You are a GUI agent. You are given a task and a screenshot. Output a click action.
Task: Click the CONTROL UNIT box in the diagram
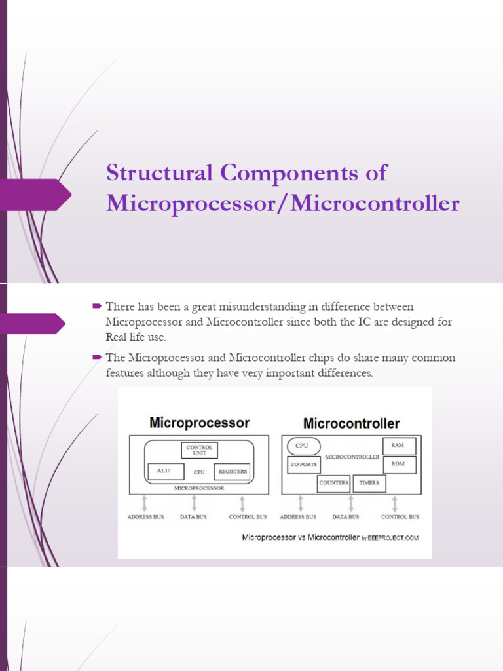pyautogui.click(x=199, y=450)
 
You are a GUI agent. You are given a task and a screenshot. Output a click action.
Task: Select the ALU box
pyautogui.click(x=163, y=471)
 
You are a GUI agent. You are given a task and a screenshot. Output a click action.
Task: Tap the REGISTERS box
pyautogui.click(x=233, y=471)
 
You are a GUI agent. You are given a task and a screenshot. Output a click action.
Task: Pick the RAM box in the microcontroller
pyautogui.click(x=398, y=446)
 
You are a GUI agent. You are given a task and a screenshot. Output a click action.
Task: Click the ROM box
pyautogui.click(x=398, y=464)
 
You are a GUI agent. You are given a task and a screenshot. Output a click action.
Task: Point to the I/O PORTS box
pyautogui.click(x=303, y=465)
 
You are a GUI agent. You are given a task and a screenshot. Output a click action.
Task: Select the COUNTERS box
pyautogui.click(x=333, y=483)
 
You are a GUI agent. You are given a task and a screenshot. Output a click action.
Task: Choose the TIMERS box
pyautogui.click(x=369, y=483)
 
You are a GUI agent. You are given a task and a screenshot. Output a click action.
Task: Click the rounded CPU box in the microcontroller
pyautogui.click(x=302, y=446)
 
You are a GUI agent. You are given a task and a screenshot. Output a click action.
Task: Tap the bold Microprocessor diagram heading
pyautogui.click(x=199, y=423)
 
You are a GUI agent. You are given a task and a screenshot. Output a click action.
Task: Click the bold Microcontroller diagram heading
pyautogui.click(x=351, y=423)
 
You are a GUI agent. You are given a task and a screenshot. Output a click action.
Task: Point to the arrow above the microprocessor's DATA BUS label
pyautogui.click(x=194, y=503)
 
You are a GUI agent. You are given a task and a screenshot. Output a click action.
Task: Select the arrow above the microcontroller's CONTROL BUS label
pyautogui.click(x=395, y=503)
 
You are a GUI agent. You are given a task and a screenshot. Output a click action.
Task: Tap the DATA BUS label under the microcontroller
pyautogui.click(x=345, y=517)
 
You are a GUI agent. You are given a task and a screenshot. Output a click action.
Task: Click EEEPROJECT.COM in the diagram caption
pyautogui.click(x=394, y=538)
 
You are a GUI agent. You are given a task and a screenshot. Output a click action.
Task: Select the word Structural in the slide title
pyautogui.click(x=159, y=173)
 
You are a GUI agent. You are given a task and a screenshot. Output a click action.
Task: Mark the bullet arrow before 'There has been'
pyautogui.click(x=96, y=306)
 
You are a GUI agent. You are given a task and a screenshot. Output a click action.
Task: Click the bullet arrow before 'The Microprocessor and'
pyautogui.click(x=96, y=357)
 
